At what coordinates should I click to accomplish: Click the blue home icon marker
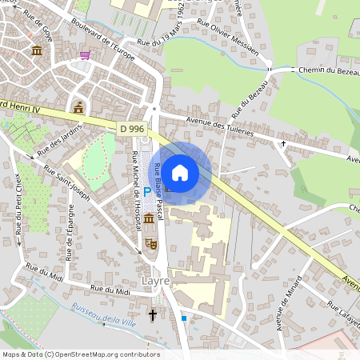tap(180, 172)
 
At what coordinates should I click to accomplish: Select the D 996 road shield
tap(132, 128)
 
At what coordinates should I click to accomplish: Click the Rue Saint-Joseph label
tap(67, 182)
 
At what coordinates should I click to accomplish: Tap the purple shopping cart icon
tap(85, 55)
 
